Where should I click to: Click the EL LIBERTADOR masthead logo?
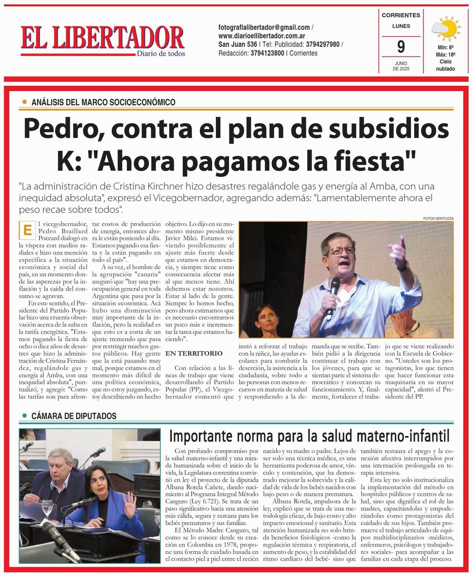[103, 39]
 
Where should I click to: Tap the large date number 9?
[400, 47]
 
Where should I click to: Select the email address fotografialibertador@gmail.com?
[264, 28]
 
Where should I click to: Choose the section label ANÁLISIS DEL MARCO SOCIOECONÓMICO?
[103, 102]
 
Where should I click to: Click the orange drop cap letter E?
[28, 231]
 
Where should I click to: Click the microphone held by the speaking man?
[335, 286]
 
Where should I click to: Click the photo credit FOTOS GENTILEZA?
[438, 218]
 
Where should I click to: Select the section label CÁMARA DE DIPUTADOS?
[74, 416]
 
